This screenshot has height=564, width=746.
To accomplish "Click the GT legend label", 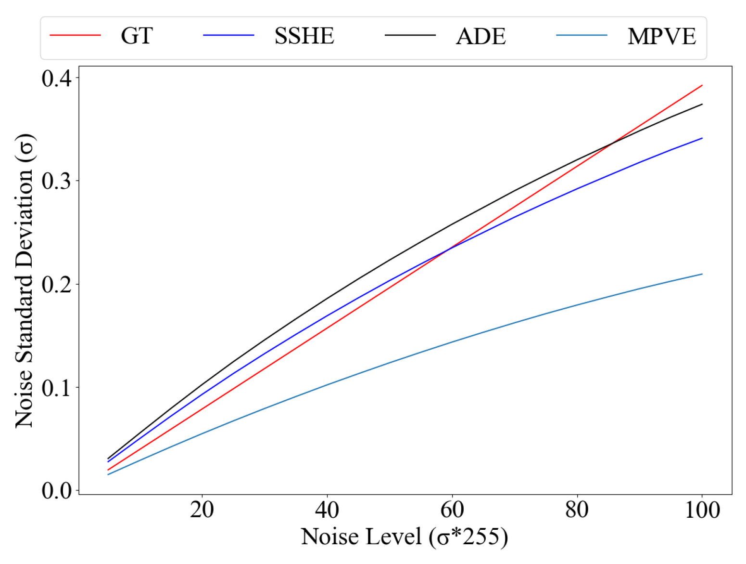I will click(x=137, y=36).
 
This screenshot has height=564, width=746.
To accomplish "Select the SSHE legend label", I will click(x=304, y=36).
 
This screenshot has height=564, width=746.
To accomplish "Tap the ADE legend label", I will click(x=481, y=36).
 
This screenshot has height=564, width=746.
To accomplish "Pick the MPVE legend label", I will click(x=661, y=36).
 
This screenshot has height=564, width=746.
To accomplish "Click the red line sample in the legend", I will click(x=75, y=35).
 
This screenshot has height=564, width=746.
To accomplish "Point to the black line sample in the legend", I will click(x=410, y=35).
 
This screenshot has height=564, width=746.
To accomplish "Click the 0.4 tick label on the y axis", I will click(x=56, y=78).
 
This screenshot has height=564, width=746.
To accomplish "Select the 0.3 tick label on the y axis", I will click(x=56, y=181).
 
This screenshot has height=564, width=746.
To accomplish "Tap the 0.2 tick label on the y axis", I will click(x=56, y=284).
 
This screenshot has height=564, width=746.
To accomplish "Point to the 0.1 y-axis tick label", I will click(x=56, y=388).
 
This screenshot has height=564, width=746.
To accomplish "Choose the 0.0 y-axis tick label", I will click(x=56, y=491).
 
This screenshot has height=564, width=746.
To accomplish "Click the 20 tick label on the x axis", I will click(x=202, y=510).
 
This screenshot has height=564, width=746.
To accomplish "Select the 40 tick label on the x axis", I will click(x=327, y=510).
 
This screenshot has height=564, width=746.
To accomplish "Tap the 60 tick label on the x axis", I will click(x=452, y=510).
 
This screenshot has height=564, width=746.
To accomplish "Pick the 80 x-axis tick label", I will click(x=577, y=510).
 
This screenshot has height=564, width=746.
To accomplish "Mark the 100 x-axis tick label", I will click(x=702, y=510).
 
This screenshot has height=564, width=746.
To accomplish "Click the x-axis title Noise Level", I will click(x=404, y=537).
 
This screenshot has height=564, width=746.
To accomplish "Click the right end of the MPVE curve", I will click(x=702, y=274).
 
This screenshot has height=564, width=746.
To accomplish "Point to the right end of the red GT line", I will click(x=702, y=85).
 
